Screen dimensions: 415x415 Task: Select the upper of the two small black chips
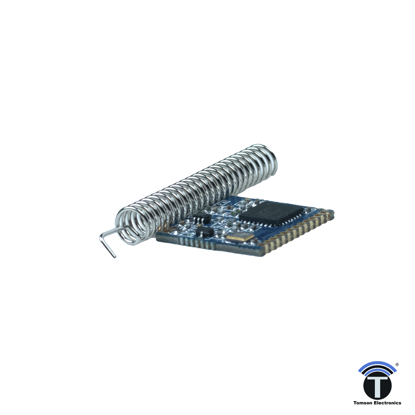(201, 219)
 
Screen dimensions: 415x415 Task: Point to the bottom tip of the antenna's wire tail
(113, 256)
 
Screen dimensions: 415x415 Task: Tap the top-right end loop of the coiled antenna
(267, 160)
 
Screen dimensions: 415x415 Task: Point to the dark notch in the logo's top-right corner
(399, 363)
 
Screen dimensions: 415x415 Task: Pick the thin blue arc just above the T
(377, 375)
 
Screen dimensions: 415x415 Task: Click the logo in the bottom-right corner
(377, 383)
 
